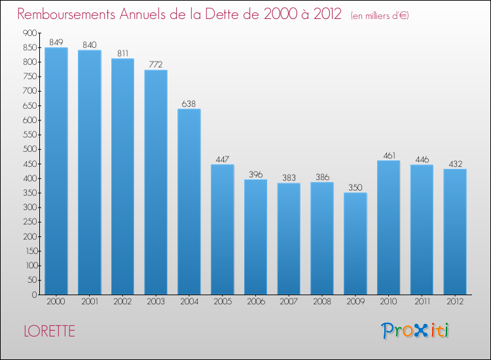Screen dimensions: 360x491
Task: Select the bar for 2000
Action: coord(56,171)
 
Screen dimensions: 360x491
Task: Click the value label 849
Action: coord(56,42)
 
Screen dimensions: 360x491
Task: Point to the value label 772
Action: coord(156,64)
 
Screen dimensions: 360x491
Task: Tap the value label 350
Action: coord(355,187)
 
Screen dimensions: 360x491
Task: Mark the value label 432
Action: coord(455,164)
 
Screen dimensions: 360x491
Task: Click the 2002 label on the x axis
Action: coord(122,302)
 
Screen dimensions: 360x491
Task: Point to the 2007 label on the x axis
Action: coord(289,302)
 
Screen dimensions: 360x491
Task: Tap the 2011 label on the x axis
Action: coord(422,302)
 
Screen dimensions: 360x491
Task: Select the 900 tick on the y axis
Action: coord(29,33)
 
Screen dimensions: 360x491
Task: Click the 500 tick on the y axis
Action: coord(29,149)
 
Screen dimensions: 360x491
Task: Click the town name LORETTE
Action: coord(49,331)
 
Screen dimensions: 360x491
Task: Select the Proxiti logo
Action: coord(414,331)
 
